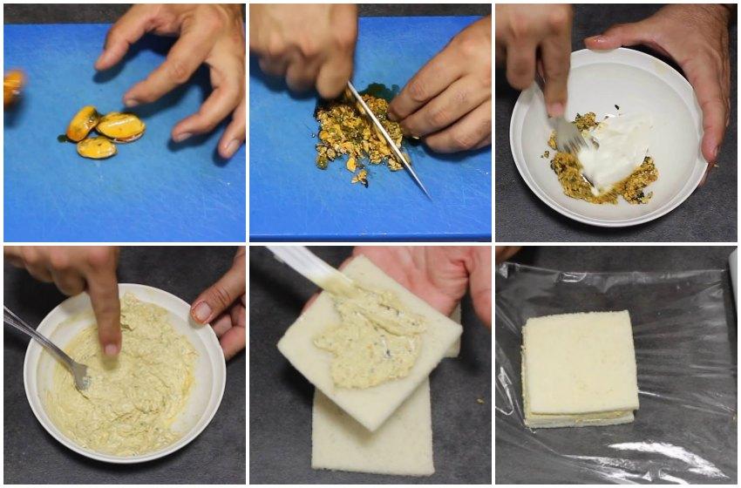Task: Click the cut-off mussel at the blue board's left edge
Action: tap(13, 86)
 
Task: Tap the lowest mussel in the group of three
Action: tap(96, 148)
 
